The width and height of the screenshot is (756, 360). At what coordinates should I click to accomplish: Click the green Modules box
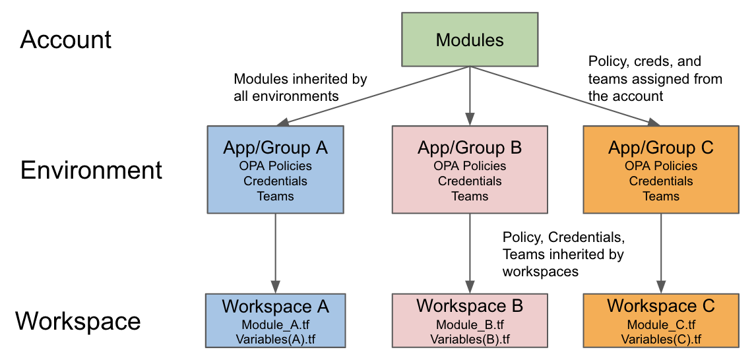pos(470,40)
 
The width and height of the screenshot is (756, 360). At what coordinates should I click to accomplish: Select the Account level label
pos(66,40)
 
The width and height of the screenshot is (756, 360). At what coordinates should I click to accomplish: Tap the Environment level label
pos(91,170)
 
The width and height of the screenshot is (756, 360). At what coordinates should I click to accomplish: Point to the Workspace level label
pos(78,321)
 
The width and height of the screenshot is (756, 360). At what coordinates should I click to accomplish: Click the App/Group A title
pos(275,148)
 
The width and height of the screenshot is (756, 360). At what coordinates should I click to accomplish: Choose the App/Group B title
pos(470,147)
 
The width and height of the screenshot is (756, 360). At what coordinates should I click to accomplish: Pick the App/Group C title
pos(660,147)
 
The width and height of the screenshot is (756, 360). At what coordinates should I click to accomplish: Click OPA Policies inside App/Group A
pos(275,166)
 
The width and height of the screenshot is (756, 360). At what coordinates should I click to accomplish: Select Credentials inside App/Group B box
pos(470,181)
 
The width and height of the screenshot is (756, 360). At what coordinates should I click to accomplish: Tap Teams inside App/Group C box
pos(660,196)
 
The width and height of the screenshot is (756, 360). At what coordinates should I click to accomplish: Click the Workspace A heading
pos(275,307)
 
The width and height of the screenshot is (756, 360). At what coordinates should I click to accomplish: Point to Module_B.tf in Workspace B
pos(470,324)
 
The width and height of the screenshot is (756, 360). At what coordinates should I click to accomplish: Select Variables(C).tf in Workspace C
pos(660,339)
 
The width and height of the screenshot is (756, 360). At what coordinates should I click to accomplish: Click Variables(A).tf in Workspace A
pos(275,339)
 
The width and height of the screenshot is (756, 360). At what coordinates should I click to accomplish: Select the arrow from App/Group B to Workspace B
pos(470,253)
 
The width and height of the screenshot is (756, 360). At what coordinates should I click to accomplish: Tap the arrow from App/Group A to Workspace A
pos(275,253)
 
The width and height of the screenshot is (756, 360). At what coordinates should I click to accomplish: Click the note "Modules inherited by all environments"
pos(300,88)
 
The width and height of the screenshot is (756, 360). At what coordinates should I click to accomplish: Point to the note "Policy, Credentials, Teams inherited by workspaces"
pos(563,254)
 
